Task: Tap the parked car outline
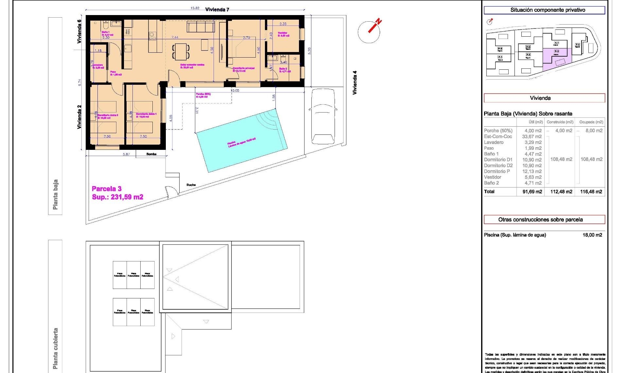[323, 116]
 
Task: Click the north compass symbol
[370, 31]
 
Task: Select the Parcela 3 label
[107, 189]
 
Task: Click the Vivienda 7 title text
[217, 9]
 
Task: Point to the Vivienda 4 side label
[355, 83]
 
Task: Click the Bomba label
[151, 154]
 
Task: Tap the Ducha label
[191, 185]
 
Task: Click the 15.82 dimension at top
[195, 8]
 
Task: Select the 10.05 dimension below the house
[235, 90]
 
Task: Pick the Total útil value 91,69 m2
[532, 192]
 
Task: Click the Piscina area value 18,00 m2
[592, 235]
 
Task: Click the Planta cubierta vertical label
[55, 348]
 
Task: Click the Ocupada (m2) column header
[591, 122]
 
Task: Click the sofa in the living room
[201, 27]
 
